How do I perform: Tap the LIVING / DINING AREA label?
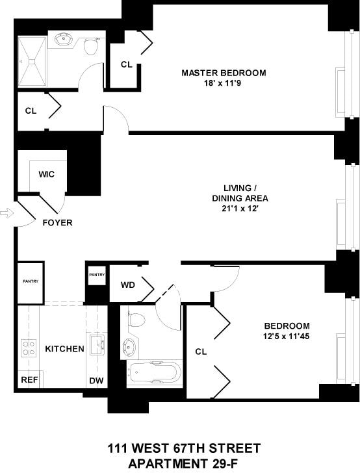240,198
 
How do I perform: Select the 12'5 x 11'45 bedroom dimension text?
287,337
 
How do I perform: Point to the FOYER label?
57,223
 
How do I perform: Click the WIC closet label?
46,174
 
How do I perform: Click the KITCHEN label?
64,349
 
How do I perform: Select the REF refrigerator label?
29,380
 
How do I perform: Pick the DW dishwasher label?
96,380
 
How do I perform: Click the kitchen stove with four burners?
29,348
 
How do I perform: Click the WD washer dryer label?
128,285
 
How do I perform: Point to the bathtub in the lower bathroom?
154,373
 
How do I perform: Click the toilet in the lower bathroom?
136,319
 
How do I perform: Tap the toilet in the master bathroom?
91,45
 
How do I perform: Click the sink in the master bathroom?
64,40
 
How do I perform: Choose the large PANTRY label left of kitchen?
30,281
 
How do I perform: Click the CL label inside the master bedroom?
127,64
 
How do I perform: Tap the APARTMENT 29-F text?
184,463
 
